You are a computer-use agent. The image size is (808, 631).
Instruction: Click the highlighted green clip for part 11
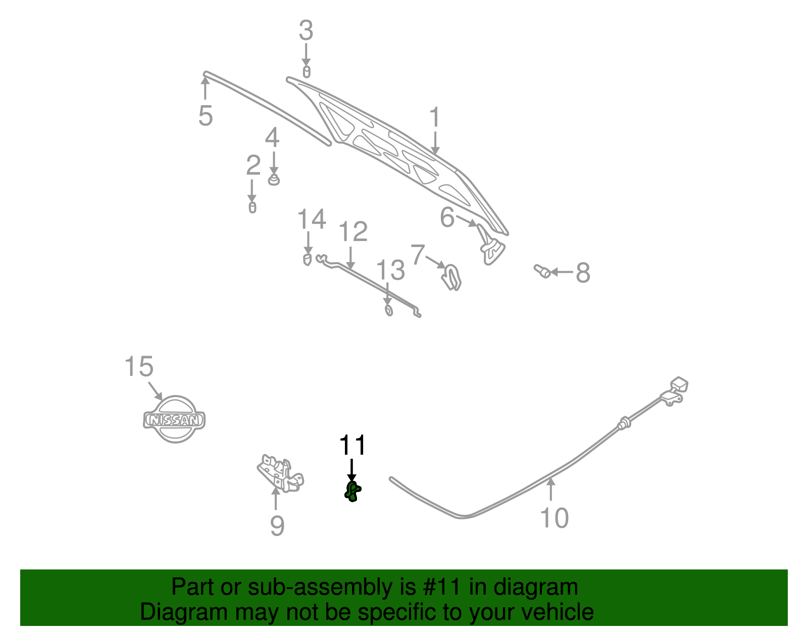pos(352,491)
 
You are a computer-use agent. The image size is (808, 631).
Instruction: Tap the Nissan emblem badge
pos(174,419)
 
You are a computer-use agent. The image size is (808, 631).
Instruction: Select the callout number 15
pos(138,367)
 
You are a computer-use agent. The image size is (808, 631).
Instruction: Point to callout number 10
pos(554,518)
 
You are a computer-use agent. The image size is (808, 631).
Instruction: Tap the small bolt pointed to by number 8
pos(542,271)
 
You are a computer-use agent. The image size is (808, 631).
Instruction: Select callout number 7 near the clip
pos(418,254)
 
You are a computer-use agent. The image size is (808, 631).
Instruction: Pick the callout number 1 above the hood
pos(435,118)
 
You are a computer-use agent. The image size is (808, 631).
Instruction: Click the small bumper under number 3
pos(306,72)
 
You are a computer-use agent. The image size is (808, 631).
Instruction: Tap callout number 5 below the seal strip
pos(206,116)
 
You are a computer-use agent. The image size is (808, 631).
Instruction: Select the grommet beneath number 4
pos(273,180)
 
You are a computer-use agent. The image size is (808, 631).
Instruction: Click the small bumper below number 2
pos(252,207)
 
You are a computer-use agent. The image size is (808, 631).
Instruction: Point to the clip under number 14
pos(307,260)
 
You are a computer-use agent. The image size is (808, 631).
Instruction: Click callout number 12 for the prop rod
pos(352,232)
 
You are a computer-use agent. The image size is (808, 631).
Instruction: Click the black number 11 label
pos(352,446)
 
